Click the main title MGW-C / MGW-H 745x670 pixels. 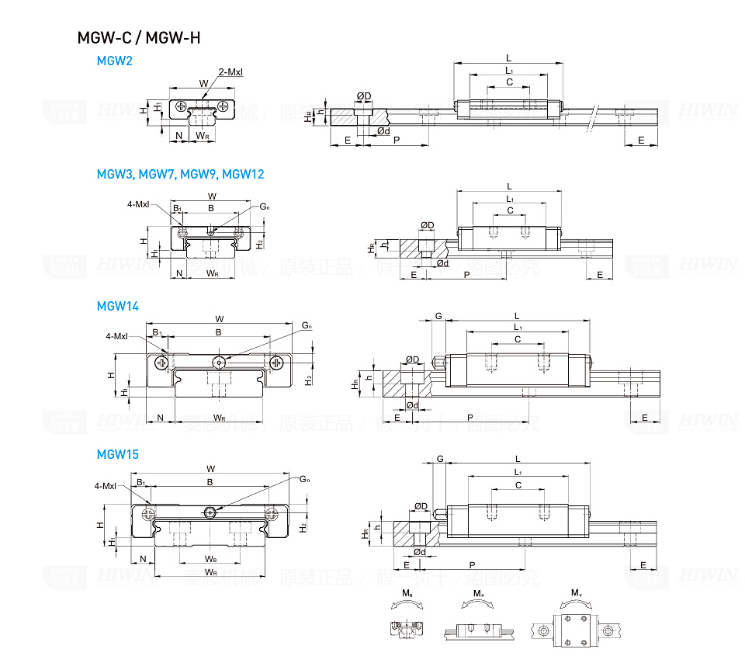coord(139,36)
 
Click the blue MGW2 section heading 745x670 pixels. coord(114,61)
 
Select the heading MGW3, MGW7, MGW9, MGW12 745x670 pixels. coord(180,174)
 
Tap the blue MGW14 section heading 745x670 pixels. coord(117,306)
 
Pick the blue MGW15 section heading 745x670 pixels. coord(117,454)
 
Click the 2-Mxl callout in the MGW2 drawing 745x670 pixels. coord(230,72)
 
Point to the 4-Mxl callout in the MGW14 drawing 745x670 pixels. coord(116,336)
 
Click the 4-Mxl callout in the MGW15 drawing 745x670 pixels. coord(105,486)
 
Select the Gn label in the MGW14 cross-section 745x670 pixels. coord(307,325)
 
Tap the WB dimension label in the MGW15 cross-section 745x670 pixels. coord(210,558)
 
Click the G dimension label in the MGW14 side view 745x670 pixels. coord(439,316)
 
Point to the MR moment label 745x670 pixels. coord(407,593)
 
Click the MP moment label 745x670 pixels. coord(478,593)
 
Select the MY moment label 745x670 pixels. coord(577,593)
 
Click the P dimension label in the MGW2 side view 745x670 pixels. coord(397,140)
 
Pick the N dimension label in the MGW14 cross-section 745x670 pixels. coord(160,418)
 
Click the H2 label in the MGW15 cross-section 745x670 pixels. coord(305,527)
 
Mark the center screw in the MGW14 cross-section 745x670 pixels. coord(220,361)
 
